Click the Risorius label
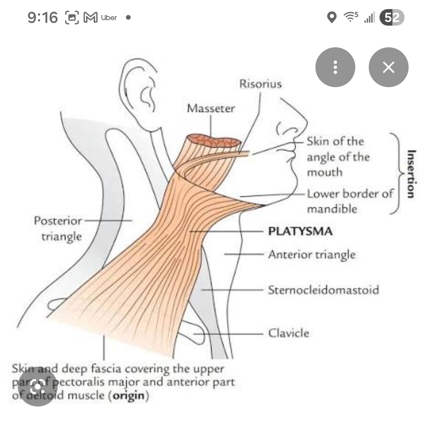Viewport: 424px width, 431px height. point(260,84)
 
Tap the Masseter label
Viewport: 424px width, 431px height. point(210,108)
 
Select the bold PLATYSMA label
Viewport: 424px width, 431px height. point(300,231)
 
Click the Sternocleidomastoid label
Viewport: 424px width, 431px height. point(323,290)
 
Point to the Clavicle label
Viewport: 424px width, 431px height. point(289,333)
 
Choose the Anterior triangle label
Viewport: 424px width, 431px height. point(311,254)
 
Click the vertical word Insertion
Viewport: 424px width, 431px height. point(411,174)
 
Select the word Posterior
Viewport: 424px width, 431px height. point(58,220)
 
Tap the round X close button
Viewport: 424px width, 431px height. point(388,67)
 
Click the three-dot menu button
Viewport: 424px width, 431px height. point(335,67)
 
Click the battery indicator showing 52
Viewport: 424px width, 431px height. point(392,17)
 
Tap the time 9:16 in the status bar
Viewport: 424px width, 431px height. point(43,17)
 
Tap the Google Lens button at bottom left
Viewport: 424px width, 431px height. point(38,387)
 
